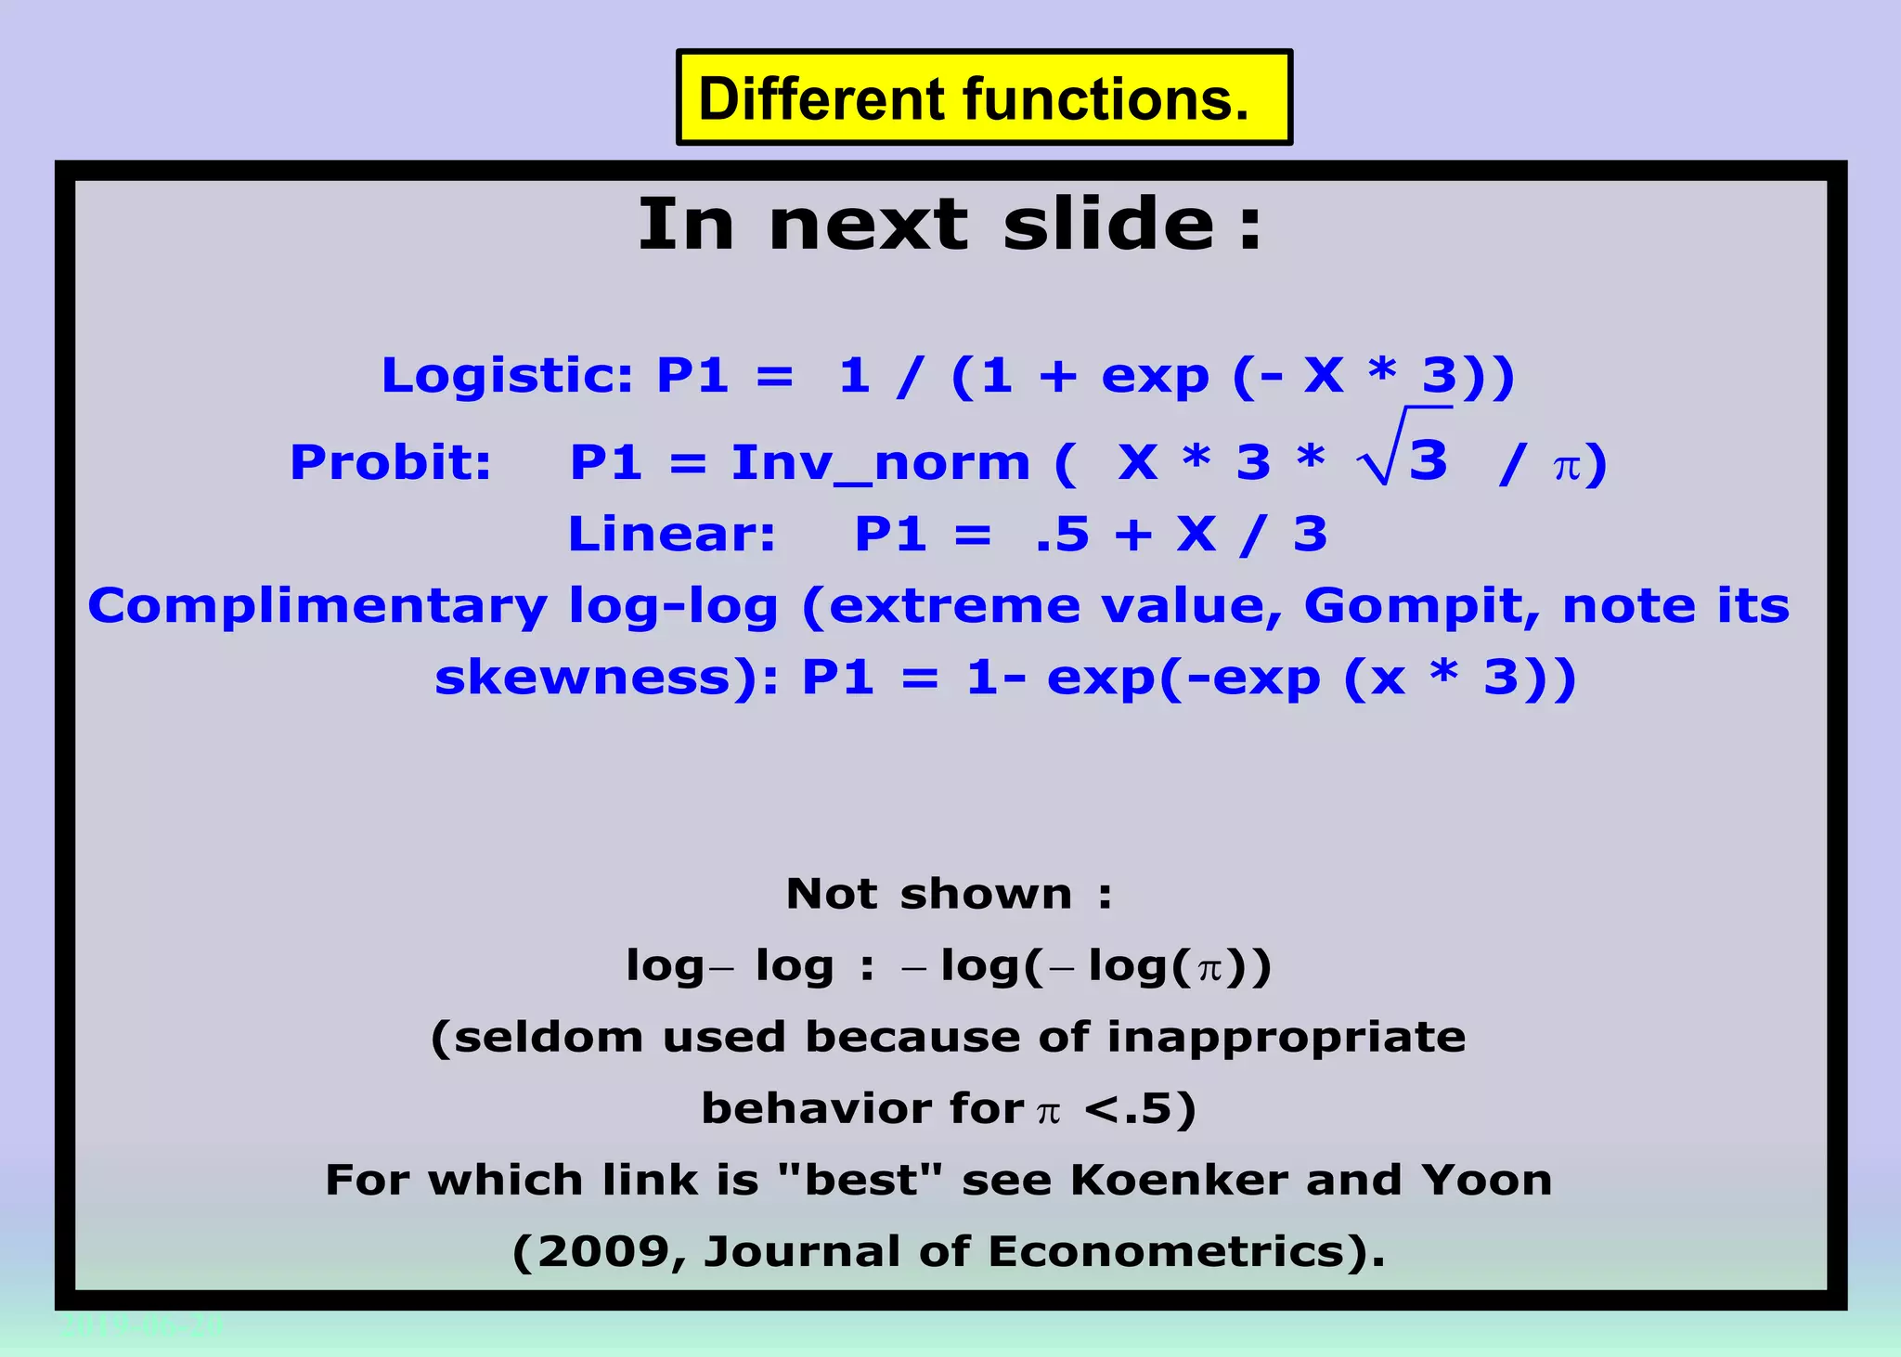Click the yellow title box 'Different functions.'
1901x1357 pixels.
click(983, 98)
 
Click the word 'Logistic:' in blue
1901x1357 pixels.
click(507, 376)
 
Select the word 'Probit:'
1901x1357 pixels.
click(391, 462)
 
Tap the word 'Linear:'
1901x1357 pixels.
click(671, 535)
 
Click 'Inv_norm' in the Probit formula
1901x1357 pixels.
click(880, 463)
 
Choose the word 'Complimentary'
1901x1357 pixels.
click(317, 607)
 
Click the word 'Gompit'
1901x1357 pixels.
click(1421, 607)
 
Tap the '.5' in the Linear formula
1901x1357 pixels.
click(1062, 535)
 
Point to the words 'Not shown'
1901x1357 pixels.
click(928, 894)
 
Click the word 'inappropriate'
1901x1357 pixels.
click(1286, 1037)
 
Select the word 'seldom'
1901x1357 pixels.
click(549, 1037)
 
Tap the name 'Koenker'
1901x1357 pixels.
click(1179, 1181)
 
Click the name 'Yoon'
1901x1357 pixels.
click(1486, 1181)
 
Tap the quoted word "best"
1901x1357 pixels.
click(860, 1181)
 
